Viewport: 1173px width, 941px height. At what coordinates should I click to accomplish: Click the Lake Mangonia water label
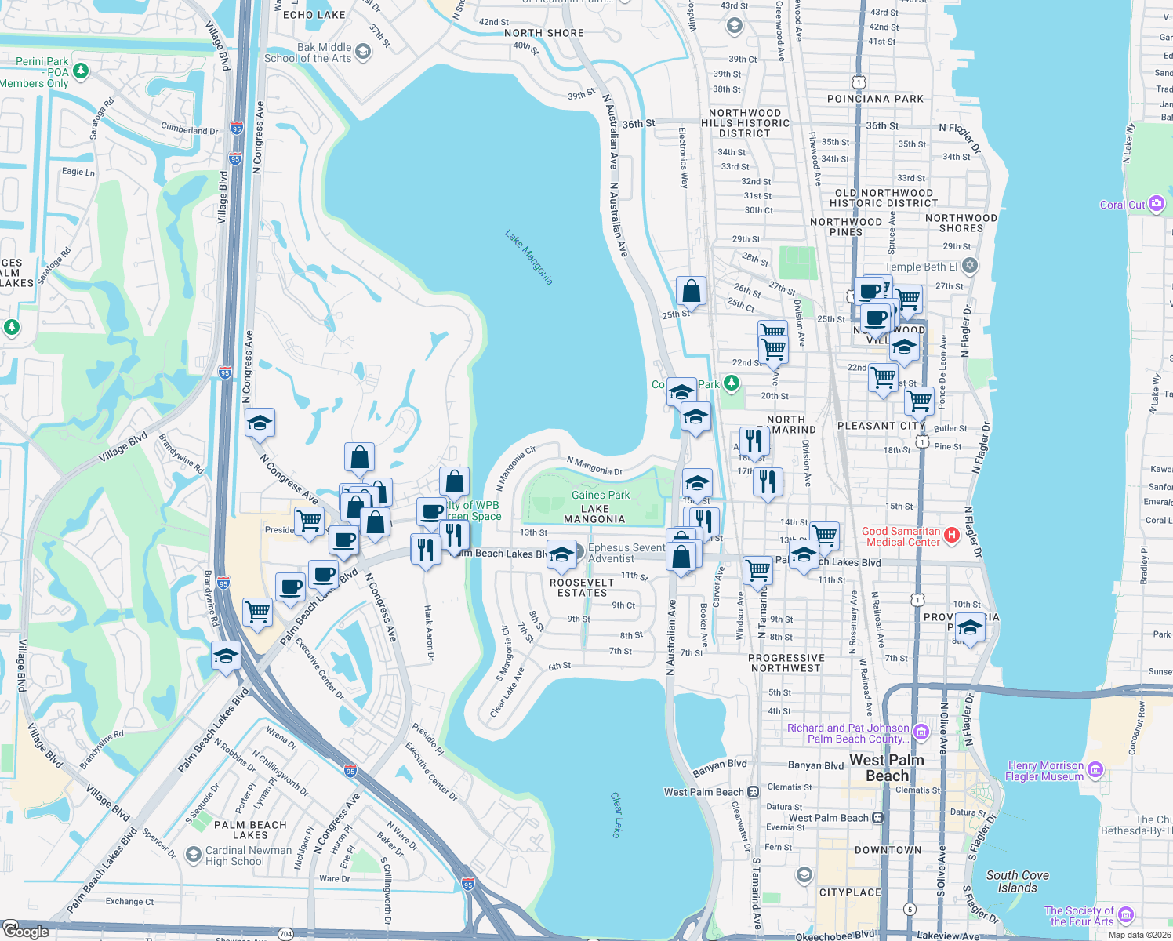coord(529,257)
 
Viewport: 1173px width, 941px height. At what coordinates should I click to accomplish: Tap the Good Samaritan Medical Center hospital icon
coord(952,536)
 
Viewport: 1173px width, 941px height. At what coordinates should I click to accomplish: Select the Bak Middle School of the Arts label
coord(308,53)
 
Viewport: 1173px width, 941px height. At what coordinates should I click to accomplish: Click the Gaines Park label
coord(601,495)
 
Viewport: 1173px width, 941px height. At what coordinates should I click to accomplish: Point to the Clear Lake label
coord(616,815)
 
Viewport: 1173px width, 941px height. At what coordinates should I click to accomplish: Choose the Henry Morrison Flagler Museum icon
coord(1096,770)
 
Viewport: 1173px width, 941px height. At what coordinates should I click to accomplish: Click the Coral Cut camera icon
coord(1156,204)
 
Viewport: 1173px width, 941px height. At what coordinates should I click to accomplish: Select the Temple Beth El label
coord(921,267)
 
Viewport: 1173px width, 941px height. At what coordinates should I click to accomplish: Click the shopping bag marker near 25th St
coord(691,291)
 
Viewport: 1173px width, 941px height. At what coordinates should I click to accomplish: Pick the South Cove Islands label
coord(1017,881)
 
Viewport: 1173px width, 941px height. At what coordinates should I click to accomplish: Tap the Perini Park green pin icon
coord(80,71)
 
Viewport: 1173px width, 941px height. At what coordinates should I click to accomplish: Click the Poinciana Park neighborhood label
coord(875,99)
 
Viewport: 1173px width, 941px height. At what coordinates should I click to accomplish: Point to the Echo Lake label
coord(314,15)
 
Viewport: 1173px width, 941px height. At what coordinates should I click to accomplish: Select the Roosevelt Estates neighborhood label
coord(582,587)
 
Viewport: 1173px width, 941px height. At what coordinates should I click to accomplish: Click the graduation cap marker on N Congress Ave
coord(260,424)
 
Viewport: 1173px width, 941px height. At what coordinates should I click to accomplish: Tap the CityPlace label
coord(850,892)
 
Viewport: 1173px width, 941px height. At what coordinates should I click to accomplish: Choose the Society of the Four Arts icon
coord(1126,915)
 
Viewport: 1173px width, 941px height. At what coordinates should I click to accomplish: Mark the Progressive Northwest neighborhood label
coord(786,663)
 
